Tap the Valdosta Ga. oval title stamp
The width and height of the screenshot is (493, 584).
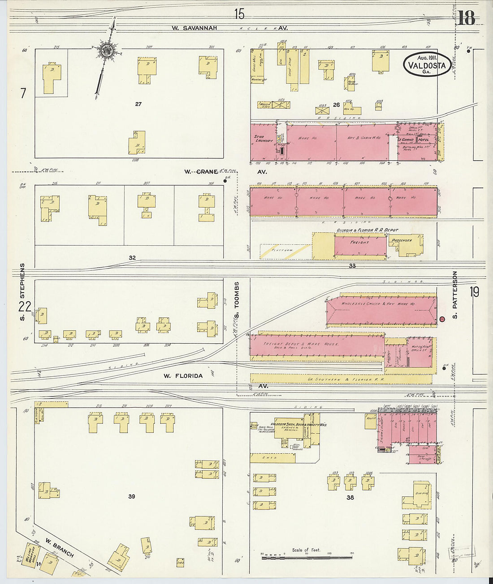click(x=427, y=64)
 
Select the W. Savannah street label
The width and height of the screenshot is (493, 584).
click(x=195, y=28)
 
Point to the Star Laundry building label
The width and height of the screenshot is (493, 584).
click(x=264, y=139)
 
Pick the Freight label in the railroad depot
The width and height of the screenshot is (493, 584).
click(x=359, y=242)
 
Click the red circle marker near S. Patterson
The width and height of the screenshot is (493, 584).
click(x=442, y=319)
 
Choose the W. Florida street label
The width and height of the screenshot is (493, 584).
click(x=183, y=376)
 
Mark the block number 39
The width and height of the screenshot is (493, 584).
click(x=131, y=496)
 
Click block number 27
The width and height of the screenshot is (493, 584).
click(x=138, y=104)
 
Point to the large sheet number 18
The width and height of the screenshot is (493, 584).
click(x=466, y=18)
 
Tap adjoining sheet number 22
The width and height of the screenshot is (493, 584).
click(x=25, y=307)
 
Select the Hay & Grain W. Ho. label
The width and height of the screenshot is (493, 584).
click(x=363, y=138)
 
